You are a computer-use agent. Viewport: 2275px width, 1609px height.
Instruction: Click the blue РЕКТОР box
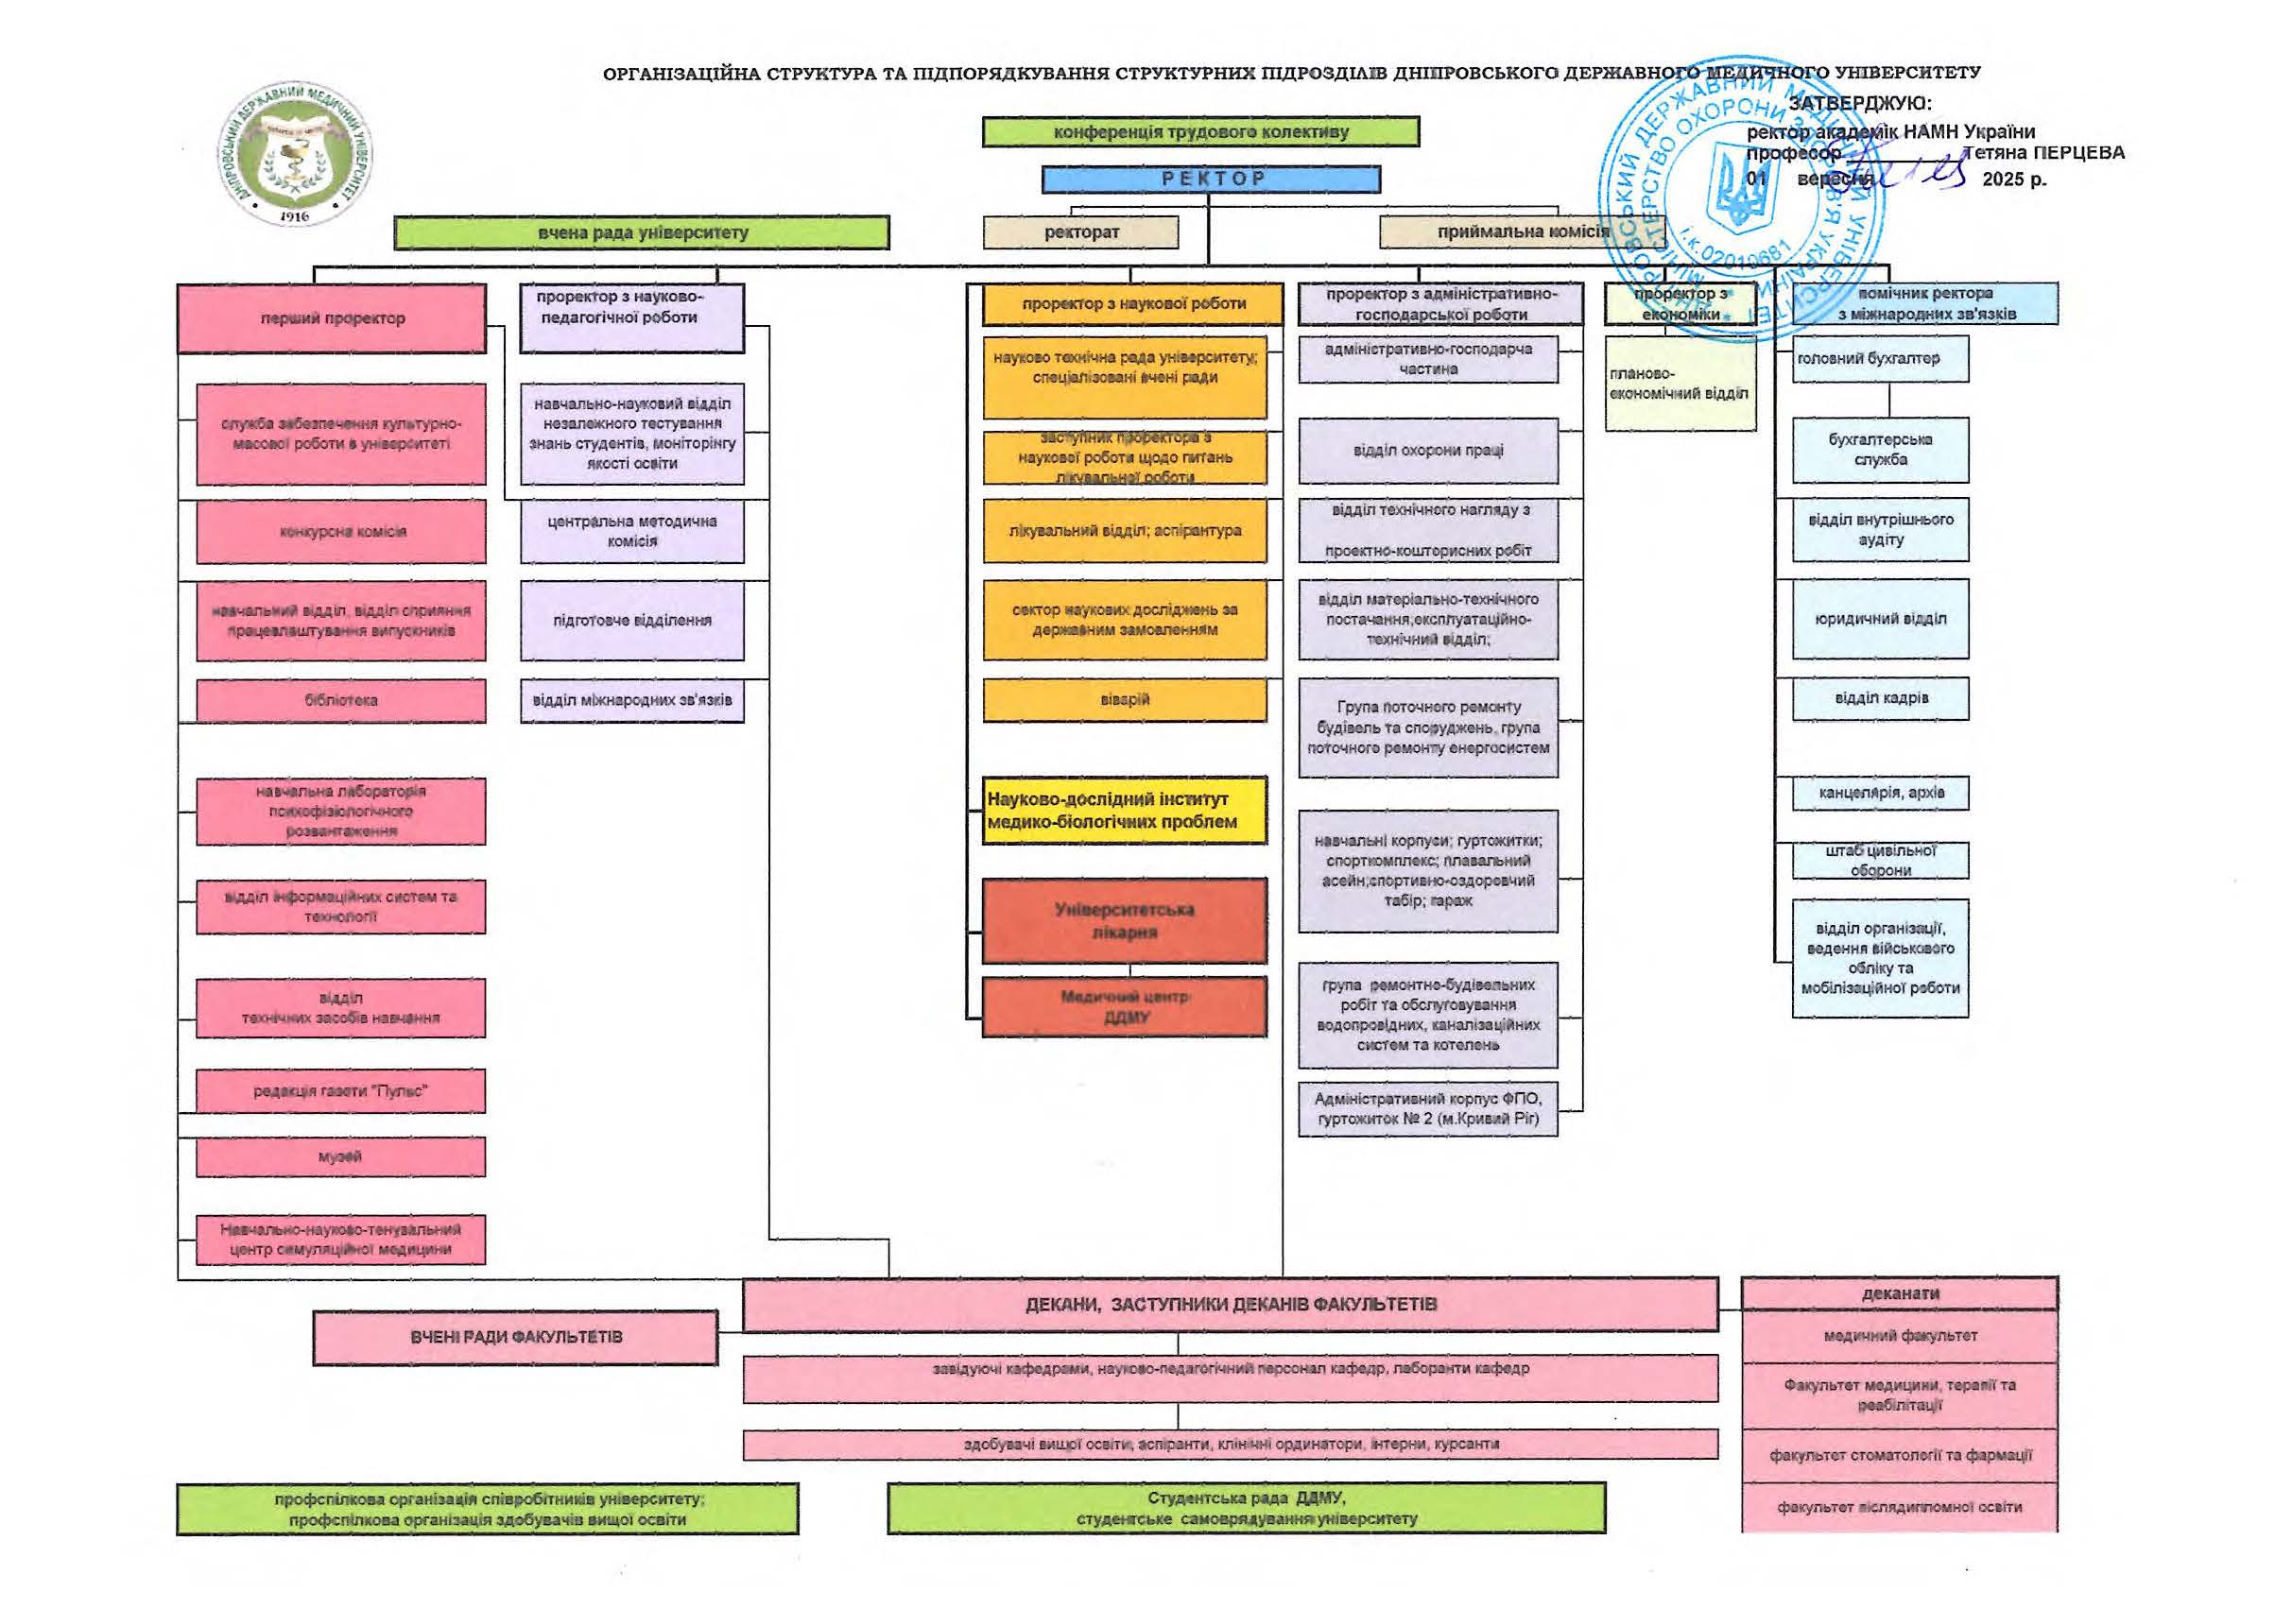[x=1210, y=180]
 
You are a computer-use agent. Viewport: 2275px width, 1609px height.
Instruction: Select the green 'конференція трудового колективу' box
[x=1200, y=131]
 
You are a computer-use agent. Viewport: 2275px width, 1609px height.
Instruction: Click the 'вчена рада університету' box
[x=642, y=232]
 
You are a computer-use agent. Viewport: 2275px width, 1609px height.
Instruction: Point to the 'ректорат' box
[x=1081, y=232]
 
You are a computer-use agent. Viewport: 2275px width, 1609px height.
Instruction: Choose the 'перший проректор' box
[x=332, y=318]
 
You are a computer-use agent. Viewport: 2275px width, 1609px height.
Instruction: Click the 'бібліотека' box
[x=341, y=700]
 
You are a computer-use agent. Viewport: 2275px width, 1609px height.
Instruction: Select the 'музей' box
[x=341, y=1156]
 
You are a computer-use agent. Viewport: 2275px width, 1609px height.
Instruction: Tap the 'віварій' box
[x=1125, y=699]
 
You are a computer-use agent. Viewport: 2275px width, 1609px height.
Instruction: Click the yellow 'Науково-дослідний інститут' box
[x=1125, y=811]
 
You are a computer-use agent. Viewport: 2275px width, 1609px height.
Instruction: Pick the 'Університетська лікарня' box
[x=1125, y=920]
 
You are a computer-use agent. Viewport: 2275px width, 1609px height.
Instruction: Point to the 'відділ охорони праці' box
[x=1428, y=451]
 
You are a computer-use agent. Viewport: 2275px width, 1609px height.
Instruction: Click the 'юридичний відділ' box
[x=1880, y=619]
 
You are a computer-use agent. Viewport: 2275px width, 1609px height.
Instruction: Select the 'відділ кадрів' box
[x=1880, y=698]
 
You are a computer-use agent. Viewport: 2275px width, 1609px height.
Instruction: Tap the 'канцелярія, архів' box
[x=1880, y=793]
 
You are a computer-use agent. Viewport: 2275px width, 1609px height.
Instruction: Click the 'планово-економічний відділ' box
[x=1680, y=385]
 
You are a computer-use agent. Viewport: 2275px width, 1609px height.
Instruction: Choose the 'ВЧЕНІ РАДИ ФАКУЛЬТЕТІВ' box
[x=516, y=1338]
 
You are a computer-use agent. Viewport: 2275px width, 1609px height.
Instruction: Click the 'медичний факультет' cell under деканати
[x=1900, y=1336]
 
